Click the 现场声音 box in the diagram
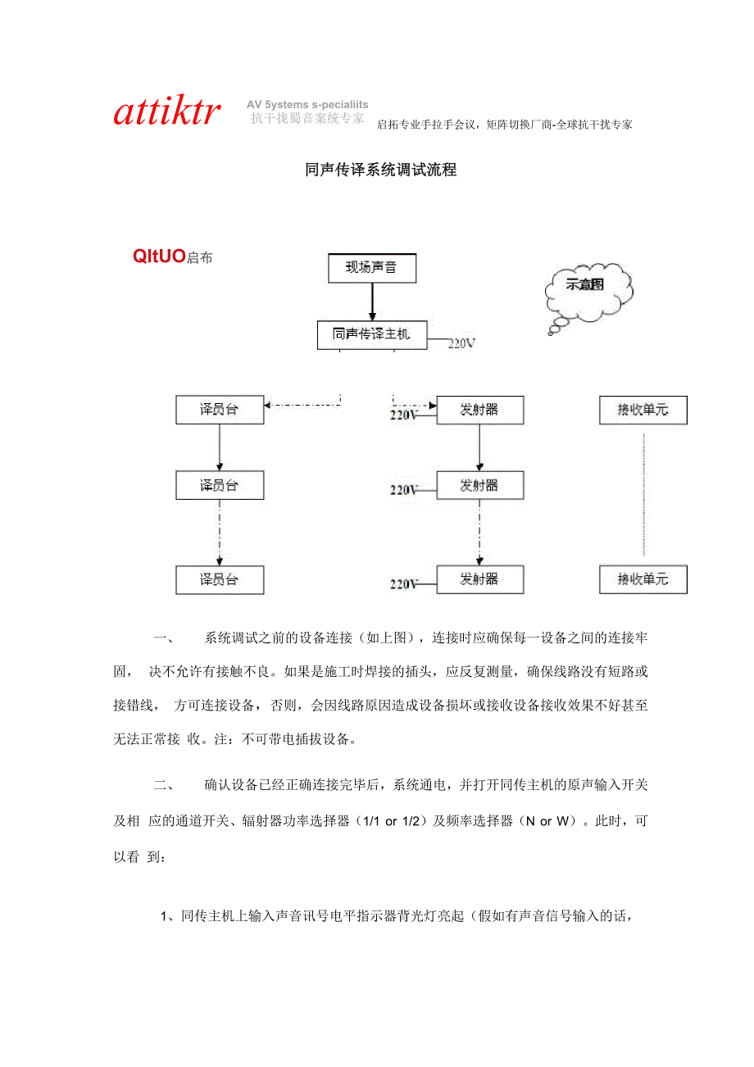(371, 268)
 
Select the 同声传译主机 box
(372, 334)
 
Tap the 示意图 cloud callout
(585, 286)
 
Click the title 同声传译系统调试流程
(380, 170)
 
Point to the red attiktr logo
(167, 113)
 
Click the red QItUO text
(159, 257)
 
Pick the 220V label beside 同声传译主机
(461, 344)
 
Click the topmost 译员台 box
(220, 410)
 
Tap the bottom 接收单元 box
(643, 579)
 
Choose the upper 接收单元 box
(643, 410)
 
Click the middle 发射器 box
(479, 485)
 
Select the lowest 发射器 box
(479, 579)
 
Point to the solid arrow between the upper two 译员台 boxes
(220, 447)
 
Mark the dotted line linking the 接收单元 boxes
(643, 494)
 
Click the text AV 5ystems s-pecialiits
(307, 105)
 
